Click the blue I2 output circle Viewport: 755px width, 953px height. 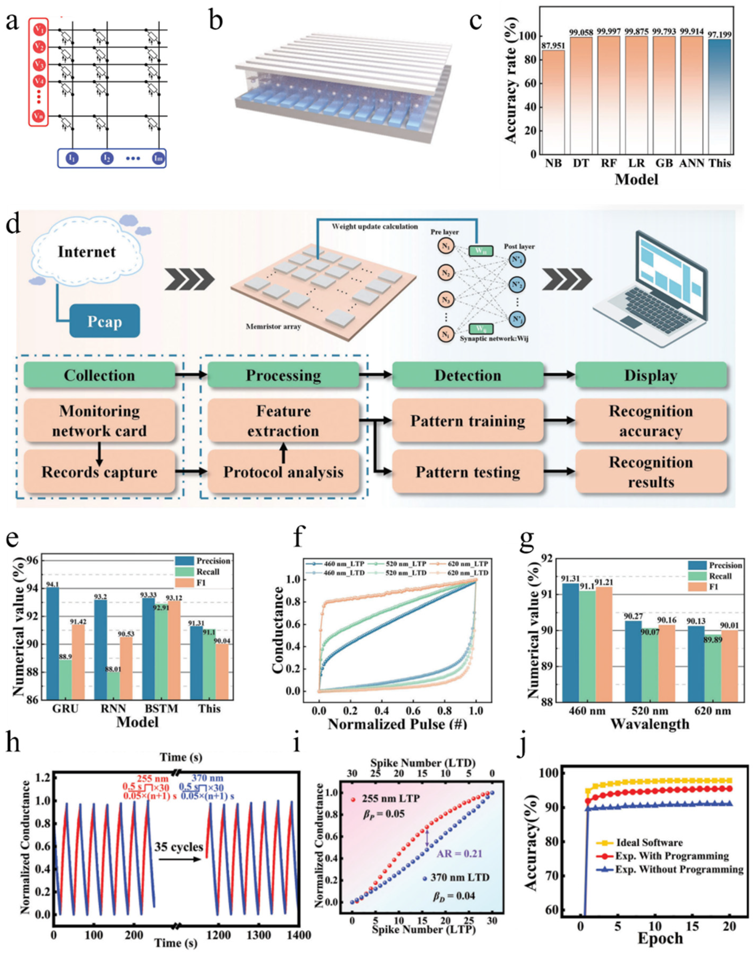pyautogui.click(x=106, y=158)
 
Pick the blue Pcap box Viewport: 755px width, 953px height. pyautogui.click(x=105, y=321)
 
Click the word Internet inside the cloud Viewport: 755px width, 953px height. pyautogui.click(x=87, y=252)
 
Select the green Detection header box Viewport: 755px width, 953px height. pyautogui.click(x=468, y=375)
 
